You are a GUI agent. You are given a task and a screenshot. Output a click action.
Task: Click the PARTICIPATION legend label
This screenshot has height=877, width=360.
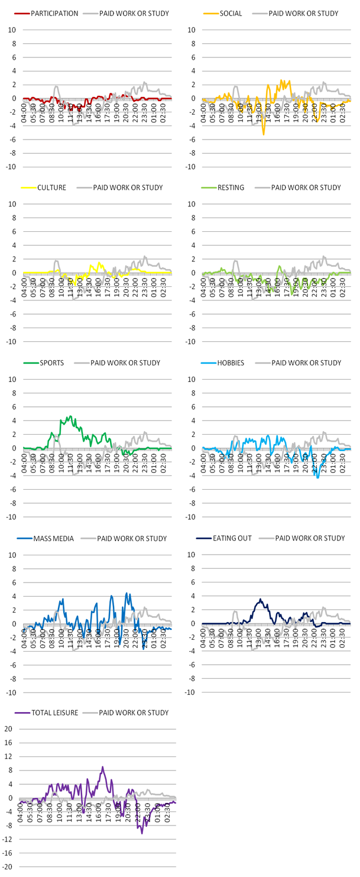click(x=54, y=12)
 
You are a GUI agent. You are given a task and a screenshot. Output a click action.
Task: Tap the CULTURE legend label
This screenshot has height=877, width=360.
click(x=51, y=187)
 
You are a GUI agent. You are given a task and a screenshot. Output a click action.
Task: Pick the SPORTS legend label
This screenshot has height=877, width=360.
click(x=51, y=363)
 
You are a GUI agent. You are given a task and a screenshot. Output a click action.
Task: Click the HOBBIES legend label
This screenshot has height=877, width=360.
click(x=232, y=363)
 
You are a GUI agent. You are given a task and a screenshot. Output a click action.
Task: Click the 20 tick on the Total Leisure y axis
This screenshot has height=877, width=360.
click(x=9, y=729)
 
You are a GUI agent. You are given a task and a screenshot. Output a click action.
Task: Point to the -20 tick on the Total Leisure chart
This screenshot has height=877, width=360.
click(x=8, y=866)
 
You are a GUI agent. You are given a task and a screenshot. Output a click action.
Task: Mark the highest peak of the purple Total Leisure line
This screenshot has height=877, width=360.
click(x=103, y=767)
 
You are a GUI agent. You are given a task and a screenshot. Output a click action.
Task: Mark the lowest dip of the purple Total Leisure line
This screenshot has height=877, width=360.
click(x=142, y=833)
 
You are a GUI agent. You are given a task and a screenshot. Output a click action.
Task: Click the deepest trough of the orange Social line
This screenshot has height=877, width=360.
click(x=264, y=135)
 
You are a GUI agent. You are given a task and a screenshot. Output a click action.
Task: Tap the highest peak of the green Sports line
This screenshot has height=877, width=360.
click(x=70, y=416)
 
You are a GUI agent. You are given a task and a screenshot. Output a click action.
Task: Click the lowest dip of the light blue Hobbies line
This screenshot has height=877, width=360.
click(x=317, y=477)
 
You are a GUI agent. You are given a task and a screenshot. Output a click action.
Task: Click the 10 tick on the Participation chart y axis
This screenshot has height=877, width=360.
click(x=9, y=30)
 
